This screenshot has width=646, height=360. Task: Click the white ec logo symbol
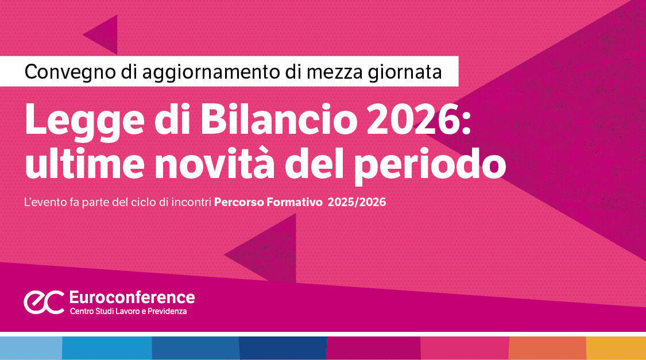[x=44, y=303]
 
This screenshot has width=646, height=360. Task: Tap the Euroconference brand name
[x=131, y=297]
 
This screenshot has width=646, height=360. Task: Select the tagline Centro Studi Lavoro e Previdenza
[x=128, y=311]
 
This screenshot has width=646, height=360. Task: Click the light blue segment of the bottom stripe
[x=31, y=348]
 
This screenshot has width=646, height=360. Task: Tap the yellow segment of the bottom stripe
[x=616, y=348]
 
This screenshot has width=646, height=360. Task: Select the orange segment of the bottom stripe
[x=547, y=348]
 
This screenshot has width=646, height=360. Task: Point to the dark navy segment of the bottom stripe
[x=283, y=348]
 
